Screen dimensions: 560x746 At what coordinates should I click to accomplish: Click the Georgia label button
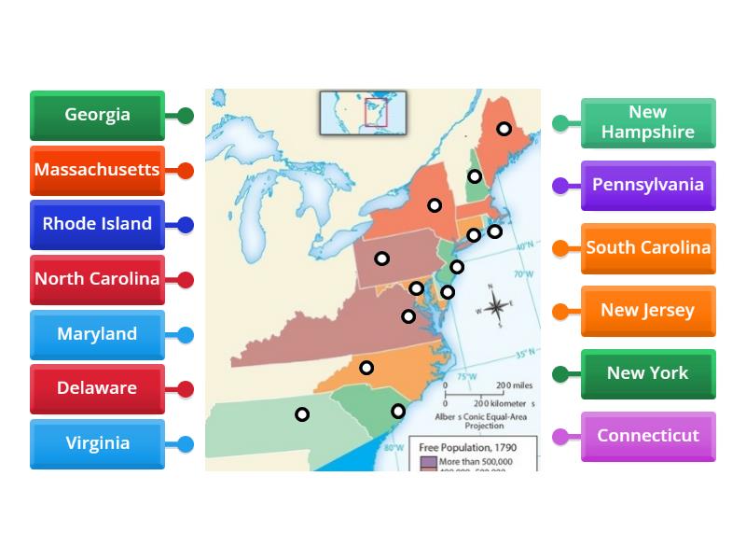[97, 115]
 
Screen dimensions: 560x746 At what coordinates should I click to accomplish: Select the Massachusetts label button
[97, 170]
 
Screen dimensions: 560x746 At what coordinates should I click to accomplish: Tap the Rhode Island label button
[97, 224]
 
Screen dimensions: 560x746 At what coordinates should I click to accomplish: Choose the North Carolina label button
[97, 279]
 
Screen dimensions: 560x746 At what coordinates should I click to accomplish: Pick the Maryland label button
[97, 334]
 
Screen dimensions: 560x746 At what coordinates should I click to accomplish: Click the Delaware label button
[97, 388]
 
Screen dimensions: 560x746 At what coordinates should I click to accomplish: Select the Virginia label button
[97, 443]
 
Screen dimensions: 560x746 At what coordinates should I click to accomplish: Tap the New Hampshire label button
[648, 123]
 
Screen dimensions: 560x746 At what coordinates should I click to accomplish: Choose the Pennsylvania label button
[648, 185]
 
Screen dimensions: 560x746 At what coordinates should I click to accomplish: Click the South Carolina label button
[648, 248]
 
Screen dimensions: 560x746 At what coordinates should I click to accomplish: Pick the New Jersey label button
[648, 311]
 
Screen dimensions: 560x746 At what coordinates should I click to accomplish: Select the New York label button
[648, 373]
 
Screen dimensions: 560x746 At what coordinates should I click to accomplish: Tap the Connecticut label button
[648, 436]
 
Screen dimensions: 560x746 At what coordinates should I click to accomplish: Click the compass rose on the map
[497, 307]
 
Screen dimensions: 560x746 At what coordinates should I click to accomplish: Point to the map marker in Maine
[504, 129]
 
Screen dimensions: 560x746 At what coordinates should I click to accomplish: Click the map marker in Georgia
[302, 414]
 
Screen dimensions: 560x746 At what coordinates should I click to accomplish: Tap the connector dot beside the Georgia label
[186, 116]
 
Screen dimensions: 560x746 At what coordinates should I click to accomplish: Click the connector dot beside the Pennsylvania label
[560, 186]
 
